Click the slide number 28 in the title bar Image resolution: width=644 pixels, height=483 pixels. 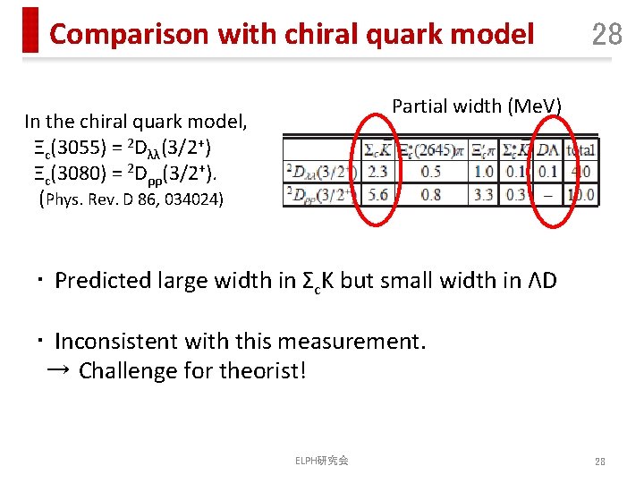coord(606,34)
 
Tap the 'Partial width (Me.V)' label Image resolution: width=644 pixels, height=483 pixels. coord(477,106)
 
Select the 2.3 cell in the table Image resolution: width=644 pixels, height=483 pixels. coord(377,172)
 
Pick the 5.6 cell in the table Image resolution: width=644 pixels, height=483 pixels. coord(377,193)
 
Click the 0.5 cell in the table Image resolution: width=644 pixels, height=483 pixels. coord(430,172)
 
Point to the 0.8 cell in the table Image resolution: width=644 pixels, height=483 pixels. coord(430,193)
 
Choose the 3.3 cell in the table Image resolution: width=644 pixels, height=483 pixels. coord(483,193)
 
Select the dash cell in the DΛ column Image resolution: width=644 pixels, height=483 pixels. coord(547,193)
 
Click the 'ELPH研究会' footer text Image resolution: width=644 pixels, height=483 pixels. coord(322,460)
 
